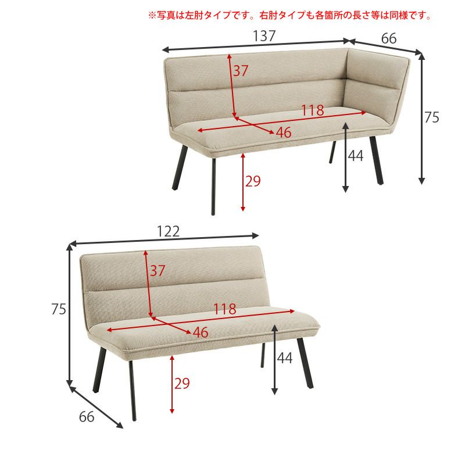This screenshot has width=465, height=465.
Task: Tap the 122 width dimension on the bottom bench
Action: click(x=168, y=231)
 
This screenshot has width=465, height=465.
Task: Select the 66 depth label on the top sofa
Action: click(x=389, y=38)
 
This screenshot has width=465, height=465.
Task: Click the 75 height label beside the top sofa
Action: click(x=431, y=117)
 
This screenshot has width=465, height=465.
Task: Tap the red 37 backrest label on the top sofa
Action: click(x=241, y=71)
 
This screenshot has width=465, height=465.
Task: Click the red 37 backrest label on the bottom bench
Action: click(x=158, y=270)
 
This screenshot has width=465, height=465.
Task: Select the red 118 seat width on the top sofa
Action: click(x=312, y=110)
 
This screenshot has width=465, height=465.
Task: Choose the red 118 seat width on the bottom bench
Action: click(x=224, y=309)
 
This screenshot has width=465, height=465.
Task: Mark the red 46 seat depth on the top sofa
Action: click(x=283, y=133)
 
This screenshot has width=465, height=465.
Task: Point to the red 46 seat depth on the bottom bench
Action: click(x=200, y=332)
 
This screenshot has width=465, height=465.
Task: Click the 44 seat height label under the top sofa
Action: click(x=356, y=156)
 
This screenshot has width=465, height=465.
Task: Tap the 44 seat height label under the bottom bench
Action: click(x=284, y=359)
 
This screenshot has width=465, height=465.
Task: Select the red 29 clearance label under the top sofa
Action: click(x=253, y=181)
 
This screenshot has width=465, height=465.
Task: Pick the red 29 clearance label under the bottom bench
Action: click(x=182, y=383)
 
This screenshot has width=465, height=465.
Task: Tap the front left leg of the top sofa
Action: click(x=213, y=186)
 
